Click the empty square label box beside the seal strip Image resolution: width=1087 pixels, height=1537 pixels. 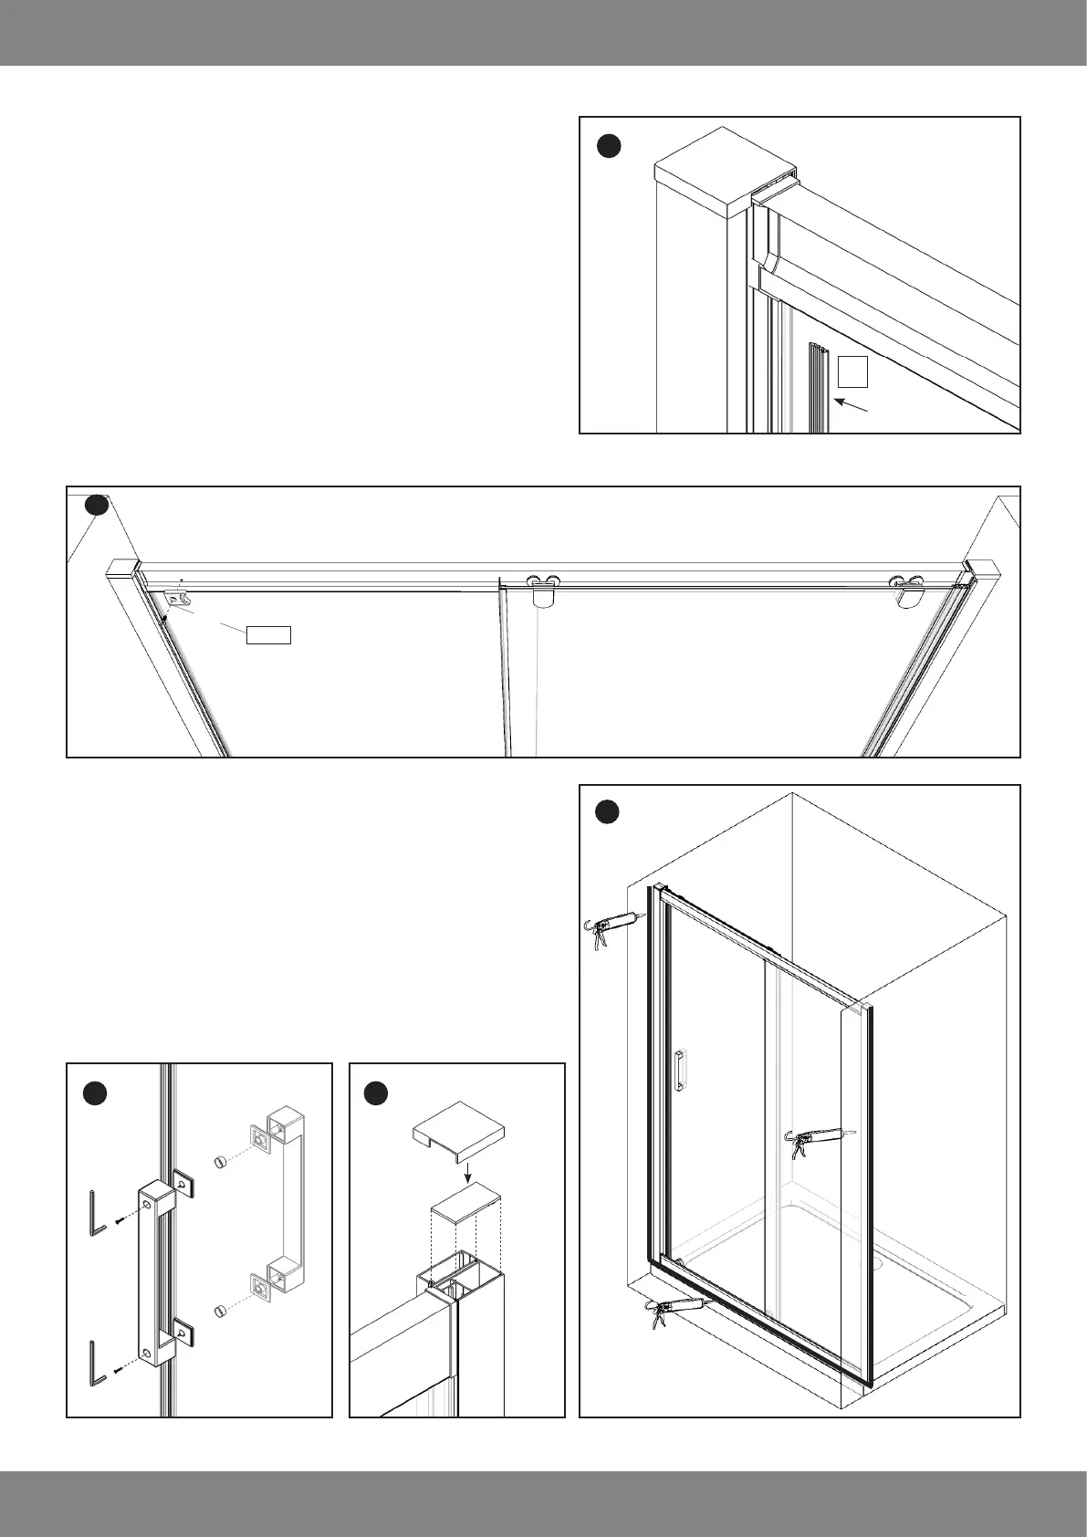coord(852,371)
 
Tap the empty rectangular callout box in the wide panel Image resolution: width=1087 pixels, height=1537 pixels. coord(269,635)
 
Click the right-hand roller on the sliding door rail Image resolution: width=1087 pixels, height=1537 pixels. coord(909,590)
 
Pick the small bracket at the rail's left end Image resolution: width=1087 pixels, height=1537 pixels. coord(176,600)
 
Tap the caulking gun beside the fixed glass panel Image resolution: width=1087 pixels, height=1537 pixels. coord(819,1139)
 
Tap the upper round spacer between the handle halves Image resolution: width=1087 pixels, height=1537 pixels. coord(218,1161)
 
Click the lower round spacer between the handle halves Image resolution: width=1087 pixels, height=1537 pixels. coord(218,1312)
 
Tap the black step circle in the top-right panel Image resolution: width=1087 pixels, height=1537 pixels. coord(609,145)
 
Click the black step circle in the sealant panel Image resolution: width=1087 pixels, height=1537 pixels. coord(609,811)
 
